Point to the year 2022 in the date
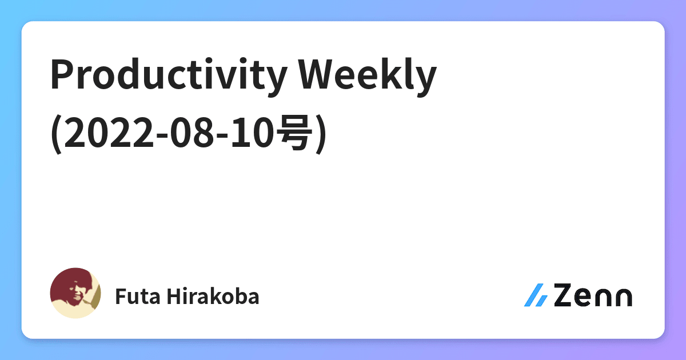(x=108, y=134)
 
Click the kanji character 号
(x=294, y=134)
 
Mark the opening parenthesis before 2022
(x=57, y=134)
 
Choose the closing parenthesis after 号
(x=320, y=134)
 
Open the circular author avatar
(x=75, y=293)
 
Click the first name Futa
(x=138, y=297)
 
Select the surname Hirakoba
(x=213, y=296)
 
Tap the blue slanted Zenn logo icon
(x=536, y=295)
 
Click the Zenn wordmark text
(x=593, y=295)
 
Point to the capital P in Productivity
(x=63, y=74)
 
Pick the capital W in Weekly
(x=319, y=74)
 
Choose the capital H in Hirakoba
(x=174, y=296)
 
